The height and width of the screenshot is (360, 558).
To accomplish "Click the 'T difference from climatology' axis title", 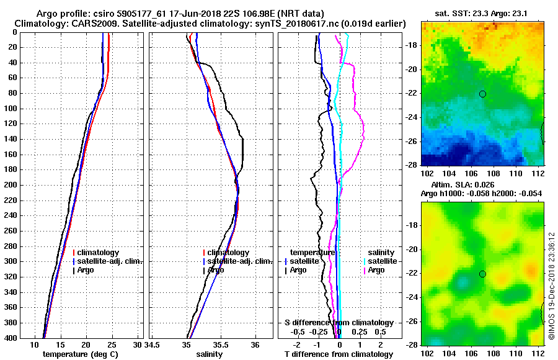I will click(339, 354).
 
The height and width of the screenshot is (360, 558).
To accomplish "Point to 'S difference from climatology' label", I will click(339, 323).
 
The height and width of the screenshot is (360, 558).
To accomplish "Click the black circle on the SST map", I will click(482, 94).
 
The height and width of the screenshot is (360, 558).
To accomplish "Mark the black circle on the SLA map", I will click(482, 274).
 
